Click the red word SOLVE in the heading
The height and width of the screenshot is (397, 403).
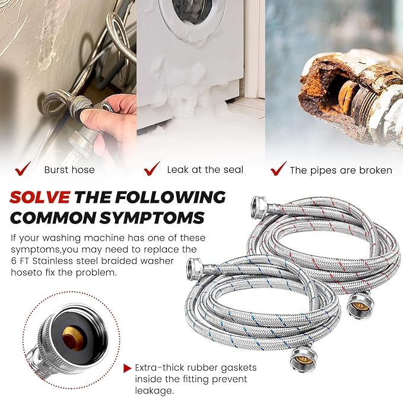40,197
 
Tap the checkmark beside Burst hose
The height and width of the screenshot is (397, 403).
23,169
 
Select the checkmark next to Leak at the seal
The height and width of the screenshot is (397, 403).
152,169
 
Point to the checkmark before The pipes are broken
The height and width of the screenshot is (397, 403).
278,169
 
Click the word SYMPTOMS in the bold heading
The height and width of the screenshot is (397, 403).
152,218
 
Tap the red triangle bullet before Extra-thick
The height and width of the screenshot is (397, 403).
127,368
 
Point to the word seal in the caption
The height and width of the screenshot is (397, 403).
233,169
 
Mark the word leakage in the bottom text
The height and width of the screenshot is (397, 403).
154,391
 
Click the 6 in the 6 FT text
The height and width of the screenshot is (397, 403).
14,261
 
